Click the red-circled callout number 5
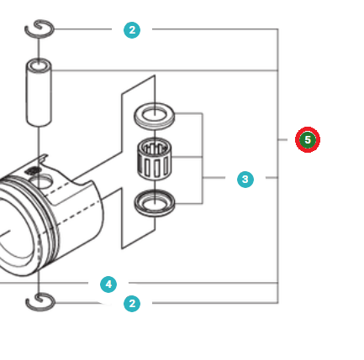coord(308,139)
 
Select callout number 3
coord(245,179)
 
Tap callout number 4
coord(108,284)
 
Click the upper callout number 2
coord(132,30)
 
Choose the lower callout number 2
coord(132,303)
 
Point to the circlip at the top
coord(40,30)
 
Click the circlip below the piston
coord(40,301)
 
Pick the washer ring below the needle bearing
coord(155,201)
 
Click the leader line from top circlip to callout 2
coord(84,30)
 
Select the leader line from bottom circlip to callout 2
coord(84,303)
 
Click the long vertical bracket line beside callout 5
coord(277,168)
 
